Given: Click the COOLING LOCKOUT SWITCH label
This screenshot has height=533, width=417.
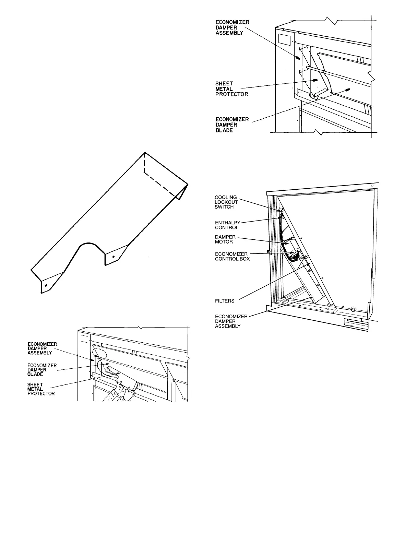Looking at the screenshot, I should pyautogui.click(x=226, y=202).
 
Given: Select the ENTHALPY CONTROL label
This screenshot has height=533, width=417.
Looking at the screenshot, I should pyautogui.click(x=226, y=225).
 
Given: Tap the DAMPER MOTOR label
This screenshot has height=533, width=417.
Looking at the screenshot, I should pyautogui.click(x=224, y=239).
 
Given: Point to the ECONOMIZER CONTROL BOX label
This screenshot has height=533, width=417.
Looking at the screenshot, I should pyautogui.click(x=232, y=256).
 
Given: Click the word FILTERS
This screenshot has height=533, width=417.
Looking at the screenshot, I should pyautogui.click(x=225, y=301).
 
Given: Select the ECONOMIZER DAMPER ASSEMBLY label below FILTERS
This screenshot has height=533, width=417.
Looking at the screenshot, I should pyautogui.click(x=231, y=321).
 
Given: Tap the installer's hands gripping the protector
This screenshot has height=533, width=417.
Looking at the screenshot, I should pyautogui.click(x=123, y=392).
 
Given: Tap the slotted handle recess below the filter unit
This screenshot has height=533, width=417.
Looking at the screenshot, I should pyautogui.click(x=356, y=323).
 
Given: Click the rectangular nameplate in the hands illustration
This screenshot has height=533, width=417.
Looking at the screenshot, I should pyautogui.click(x=84, y=340).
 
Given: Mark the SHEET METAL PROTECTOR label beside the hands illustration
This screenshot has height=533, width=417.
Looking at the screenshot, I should pyautogui.click(x=41, y=389).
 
